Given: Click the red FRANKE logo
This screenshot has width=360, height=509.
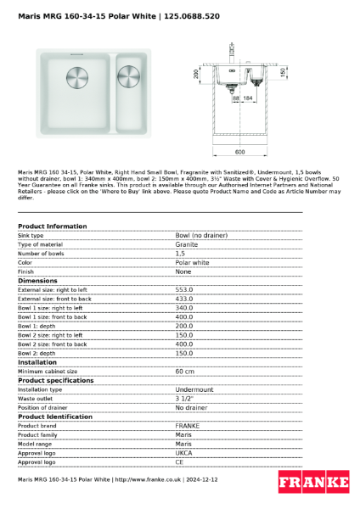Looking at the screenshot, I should [x=313, y=482].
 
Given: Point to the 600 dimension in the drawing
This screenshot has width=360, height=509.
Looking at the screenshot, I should [x=240, y=151].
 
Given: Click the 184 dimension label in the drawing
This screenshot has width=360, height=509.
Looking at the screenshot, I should [x=248, y=99].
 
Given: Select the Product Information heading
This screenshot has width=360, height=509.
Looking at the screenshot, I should [x=52, y=227].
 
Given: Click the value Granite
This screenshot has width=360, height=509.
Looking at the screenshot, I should [x=186, y=244].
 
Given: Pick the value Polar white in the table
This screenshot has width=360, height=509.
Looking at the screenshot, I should [x=191, y=262].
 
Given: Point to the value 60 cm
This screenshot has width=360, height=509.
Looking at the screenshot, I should [x=184, y=371].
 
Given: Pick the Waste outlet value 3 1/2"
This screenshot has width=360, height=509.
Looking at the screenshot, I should [x=184, y=399].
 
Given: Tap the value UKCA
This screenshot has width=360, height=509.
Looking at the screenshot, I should [x=183, y=453].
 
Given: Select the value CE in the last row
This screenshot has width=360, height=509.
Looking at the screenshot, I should [x=179, y=462].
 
